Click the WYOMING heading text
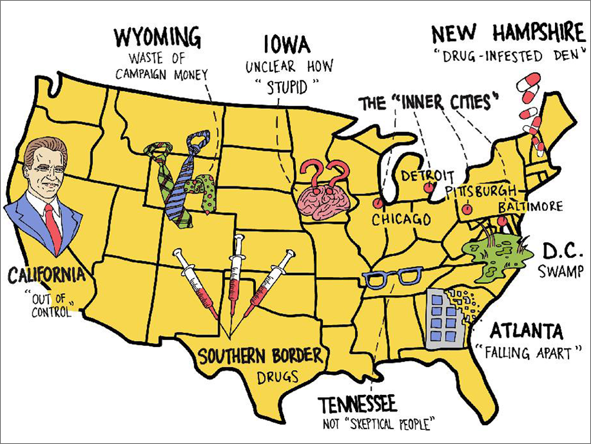click(157, 39)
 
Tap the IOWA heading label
click(287, 44)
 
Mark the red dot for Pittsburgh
click(467, 209)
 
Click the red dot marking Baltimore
click(502, 221)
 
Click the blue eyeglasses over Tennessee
click(392, 277)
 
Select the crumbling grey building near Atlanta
click(444, 317)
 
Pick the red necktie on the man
click(53, 225)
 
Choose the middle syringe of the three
click(236, 272)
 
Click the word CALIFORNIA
click(46, 275)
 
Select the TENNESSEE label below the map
click(358, 405)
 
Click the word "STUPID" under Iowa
click(287, 88)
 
